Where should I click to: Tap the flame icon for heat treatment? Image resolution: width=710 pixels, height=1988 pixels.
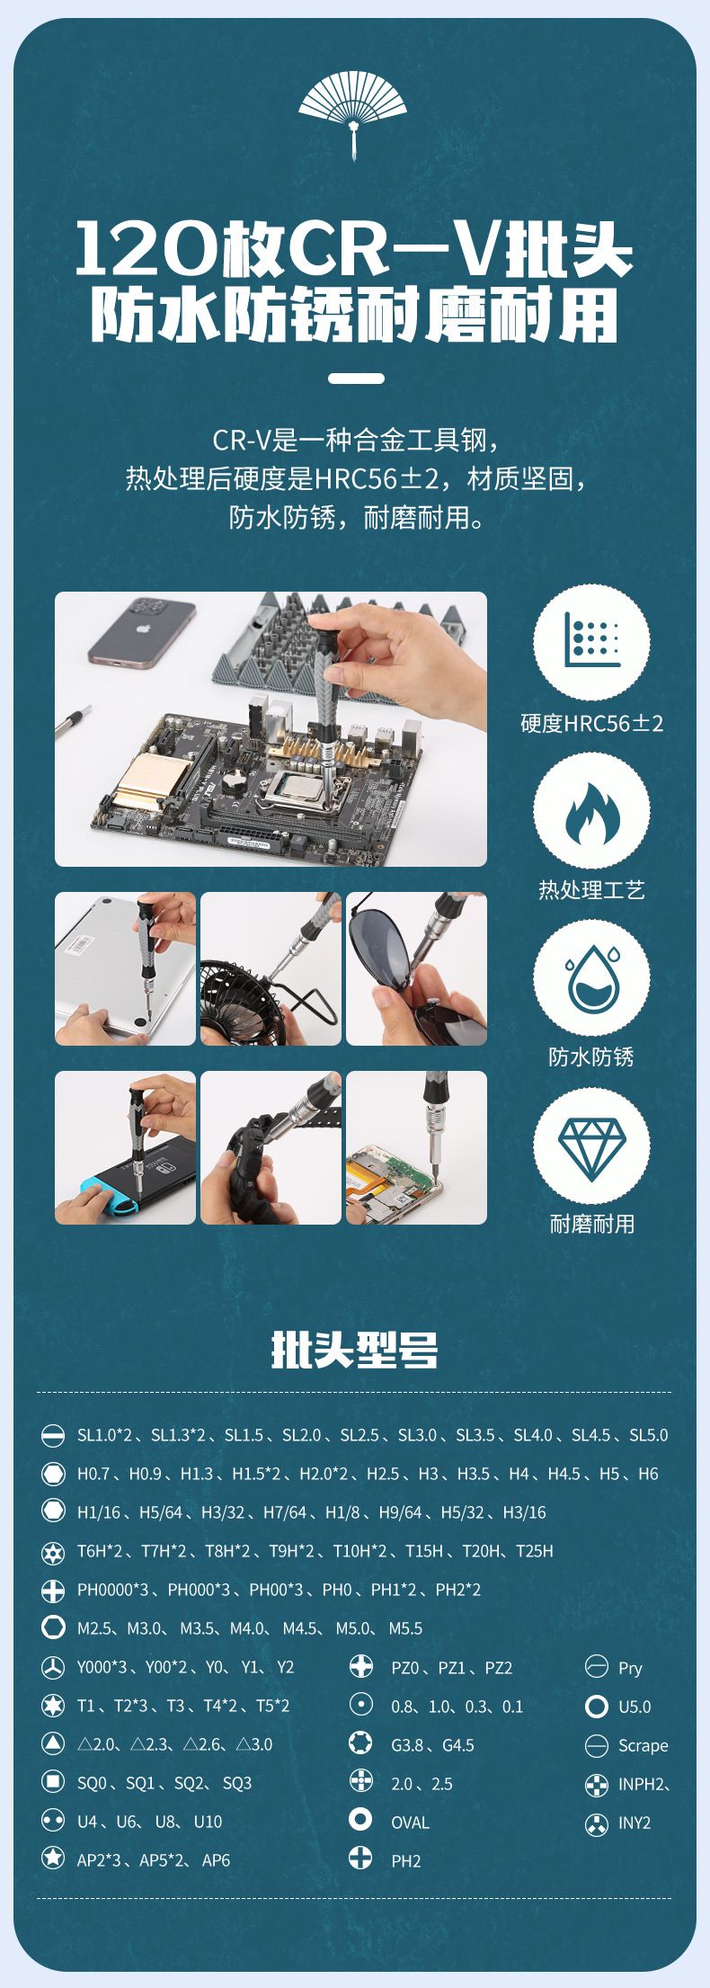pos(591,812)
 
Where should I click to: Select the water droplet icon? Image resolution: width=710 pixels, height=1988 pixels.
pos(591,978)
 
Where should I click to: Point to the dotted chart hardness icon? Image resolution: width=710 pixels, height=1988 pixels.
pos(591,640)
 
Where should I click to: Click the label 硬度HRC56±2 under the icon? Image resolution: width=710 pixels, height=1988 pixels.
pos(591,724)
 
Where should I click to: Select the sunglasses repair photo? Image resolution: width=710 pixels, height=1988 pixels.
pos(416,968)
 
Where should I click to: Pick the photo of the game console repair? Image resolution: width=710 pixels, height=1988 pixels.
pos(125,1147)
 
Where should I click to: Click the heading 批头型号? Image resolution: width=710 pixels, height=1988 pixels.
pos(354,1351)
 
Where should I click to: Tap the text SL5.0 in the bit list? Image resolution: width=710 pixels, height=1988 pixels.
pos(648,1435)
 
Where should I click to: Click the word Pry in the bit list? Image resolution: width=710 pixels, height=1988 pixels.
pos(630,1668)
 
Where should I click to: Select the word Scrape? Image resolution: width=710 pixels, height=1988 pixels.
pos(643,1745)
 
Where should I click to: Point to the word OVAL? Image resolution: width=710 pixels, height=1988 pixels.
pos(410,1823)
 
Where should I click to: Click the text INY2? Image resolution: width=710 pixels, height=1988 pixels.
pos(635,1823)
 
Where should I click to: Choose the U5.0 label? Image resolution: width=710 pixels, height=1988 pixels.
pos(635,1707)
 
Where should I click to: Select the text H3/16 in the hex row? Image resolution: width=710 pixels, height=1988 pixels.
pos(524,1512)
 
